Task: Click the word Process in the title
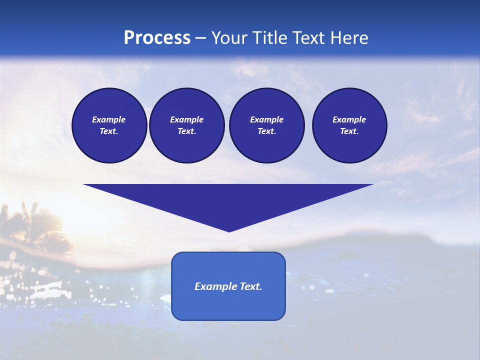point(157,38)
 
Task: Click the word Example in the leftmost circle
point(109,119)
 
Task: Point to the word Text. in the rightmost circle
point(349,131)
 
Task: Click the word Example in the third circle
point(266,119)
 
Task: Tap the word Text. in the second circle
point(186,131)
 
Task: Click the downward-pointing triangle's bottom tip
point(229,230)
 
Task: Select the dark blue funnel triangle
point(228,200)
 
